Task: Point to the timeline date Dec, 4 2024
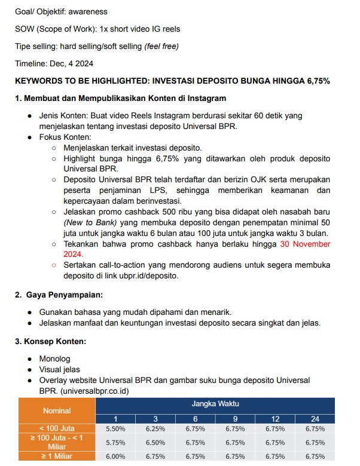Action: pyautogui.click(x=72, y=63)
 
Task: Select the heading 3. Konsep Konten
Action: pyautogui.click(x=51, y=341)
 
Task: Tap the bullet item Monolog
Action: pyautogui.click(x=54, y=358)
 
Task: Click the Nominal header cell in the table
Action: pyautogui.click(x=57, y=410)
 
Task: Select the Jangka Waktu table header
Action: pyautogui.click(x=215, y=404)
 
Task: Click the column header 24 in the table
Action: pyautogui.click(x=315, y=418)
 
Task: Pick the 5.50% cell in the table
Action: pyautogui.click(x=115, y=428)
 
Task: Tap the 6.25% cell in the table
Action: pyautogui.click(x=155, y=428)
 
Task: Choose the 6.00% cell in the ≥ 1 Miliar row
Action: pyautogui.click(x=115, y=456)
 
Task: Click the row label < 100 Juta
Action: pyautogui.click(x=57, y=428)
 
